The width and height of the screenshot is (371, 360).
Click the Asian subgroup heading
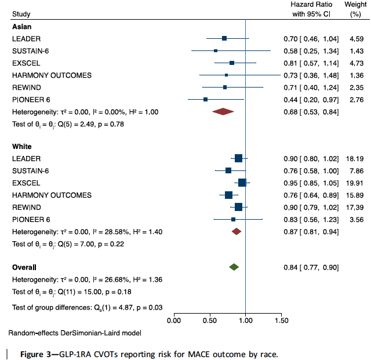tap(21, 27)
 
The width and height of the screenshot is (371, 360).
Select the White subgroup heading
tap(22, 147)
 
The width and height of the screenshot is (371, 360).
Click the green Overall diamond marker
tap(234, 267)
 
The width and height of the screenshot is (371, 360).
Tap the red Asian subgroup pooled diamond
tap(223, 111)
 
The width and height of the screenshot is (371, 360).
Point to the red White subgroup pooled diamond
tap(236, 231)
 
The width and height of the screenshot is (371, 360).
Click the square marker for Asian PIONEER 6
tap(206, 100)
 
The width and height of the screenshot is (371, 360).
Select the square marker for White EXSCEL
tap(242, 183)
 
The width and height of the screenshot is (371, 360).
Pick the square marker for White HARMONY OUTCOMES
tap(228, 195)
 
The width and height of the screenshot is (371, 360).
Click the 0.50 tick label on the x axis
tap(209, 320)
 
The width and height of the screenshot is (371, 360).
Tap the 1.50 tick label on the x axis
tap(281, 320)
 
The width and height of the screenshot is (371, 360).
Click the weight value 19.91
tap(355, 183)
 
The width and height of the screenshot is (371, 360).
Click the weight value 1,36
tap(357, 75)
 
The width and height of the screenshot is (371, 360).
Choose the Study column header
tap(21, 13)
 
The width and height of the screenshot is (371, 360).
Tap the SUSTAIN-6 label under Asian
tap(31, 51)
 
